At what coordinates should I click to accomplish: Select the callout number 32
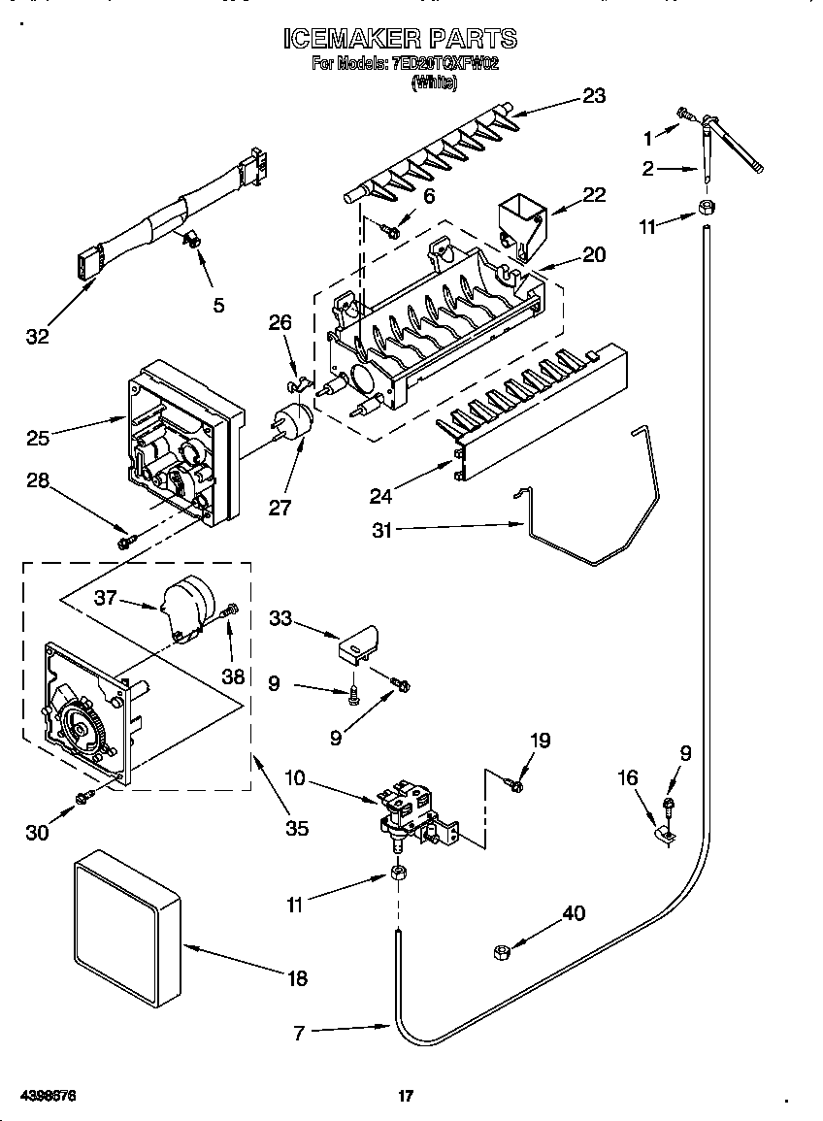(x=38, y=337)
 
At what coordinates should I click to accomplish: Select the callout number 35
(x=296, y=827)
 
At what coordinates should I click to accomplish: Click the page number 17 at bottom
(x=407, y=1097)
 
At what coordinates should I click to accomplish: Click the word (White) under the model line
(x=434, y=83)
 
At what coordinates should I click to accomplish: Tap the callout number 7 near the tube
(x=299, y=1034)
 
